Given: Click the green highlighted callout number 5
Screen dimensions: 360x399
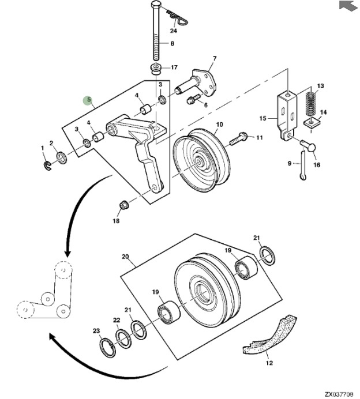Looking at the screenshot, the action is [x=89, y=100].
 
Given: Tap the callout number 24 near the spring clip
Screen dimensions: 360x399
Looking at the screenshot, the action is [x=174, y=31].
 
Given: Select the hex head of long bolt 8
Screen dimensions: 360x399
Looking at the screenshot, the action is [x=156, y=5].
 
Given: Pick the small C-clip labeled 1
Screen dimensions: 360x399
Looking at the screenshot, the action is [x=47, y=165].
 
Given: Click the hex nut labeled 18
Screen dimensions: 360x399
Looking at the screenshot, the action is [x=123, y=205].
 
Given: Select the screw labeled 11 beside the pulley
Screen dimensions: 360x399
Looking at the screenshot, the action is [x=239, y=139].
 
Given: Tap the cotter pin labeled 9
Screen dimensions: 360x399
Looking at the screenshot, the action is [x=303, y=165].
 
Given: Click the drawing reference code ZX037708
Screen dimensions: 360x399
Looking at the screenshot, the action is [x=339, y=394].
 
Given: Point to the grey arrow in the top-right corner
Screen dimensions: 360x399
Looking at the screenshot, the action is [x=348, y=6].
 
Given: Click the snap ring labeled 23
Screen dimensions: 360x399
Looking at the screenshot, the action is [x=107, y=347].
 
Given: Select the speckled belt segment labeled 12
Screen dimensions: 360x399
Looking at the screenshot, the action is [x=270, y=336].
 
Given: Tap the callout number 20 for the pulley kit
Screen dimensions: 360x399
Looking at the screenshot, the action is [x=125, y=257].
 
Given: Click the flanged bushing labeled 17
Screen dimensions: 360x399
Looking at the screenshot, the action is [x=155, y=69].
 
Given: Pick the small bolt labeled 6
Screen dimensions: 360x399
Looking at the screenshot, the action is [x=194, y=100].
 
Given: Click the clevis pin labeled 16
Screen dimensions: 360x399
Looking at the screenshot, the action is [x=308, y=146].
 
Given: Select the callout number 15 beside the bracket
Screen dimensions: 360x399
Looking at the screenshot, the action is [x=262, y=118].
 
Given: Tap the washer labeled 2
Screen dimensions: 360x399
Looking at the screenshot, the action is [x=62, y=158].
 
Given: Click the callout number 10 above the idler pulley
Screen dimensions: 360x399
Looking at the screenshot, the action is [x=219, y=125].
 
